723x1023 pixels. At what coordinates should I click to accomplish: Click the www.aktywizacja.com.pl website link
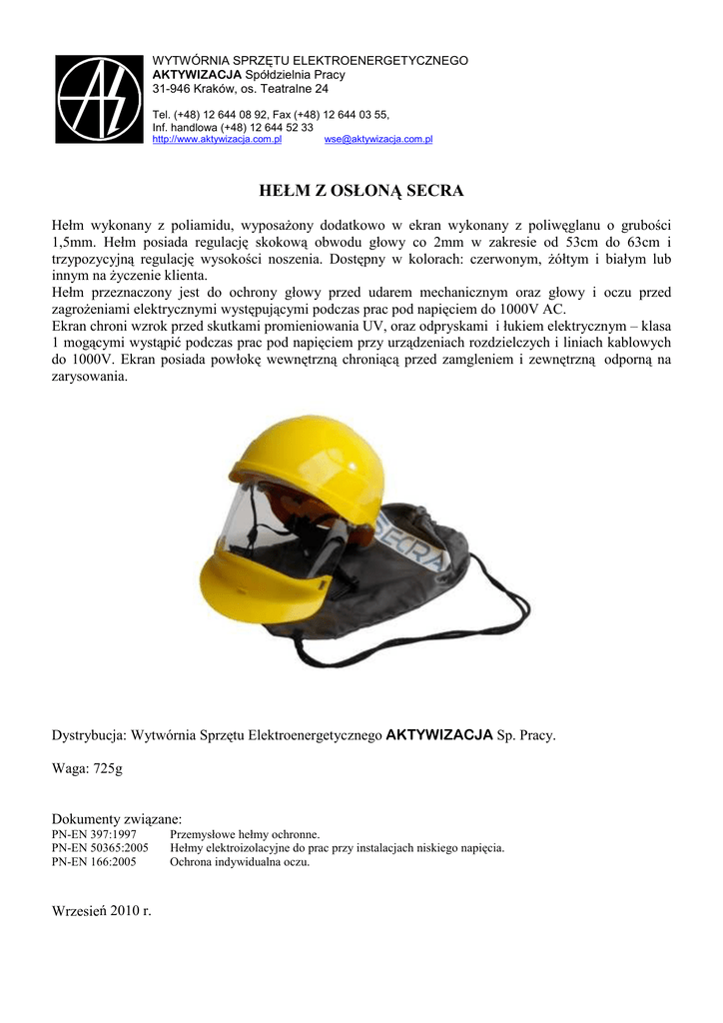click(x=216, y=140)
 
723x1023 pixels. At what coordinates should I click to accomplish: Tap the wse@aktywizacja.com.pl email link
click(x=377, y=140)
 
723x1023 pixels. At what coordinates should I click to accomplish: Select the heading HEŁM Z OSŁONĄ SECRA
click(x=361, y=190)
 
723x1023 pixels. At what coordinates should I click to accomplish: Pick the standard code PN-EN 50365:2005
click(x=99, y=848)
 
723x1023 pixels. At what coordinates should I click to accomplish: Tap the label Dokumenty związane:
click(x=116, y=818)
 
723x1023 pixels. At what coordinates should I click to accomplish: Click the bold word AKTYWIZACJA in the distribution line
click(x=439, y=735)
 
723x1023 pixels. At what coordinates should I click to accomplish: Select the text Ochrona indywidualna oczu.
click(x=240, y=862)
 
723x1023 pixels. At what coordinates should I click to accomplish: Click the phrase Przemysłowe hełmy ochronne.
click(x=246, y=833)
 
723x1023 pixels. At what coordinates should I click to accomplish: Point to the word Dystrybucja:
click(x=88, y=735)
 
